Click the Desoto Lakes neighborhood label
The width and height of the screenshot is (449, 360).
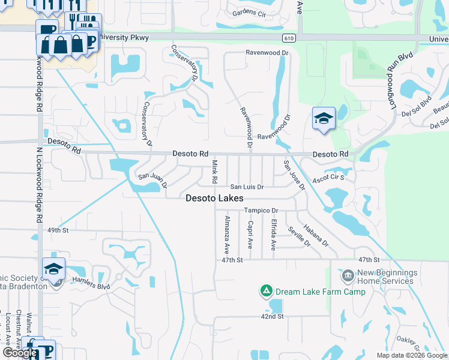click(214, 198)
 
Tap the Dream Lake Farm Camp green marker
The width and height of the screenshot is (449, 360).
click(265, 292)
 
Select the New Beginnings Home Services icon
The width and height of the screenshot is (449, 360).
click(348, 276)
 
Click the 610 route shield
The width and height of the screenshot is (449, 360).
click(290, 38)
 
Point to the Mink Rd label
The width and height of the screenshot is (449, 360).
click(214, 172)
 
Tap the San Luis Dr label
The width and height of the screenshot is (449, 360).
click(247, 187)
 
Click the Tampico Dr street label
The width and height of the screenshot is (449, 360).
click(261, 211)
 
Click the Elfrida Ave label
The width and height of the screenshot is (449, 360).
click(273, 235)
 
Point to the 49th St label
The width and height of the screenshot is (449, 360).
click(58, 230)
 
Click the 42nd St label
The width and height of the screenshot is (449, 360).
click(271, 316)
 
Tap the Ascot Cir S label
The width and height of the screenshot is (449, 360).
click(330, 178)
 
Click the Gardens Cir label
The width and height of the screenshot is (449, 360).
click(249, 13)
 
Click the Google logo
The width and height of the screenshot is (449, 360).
click(19, 353)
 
